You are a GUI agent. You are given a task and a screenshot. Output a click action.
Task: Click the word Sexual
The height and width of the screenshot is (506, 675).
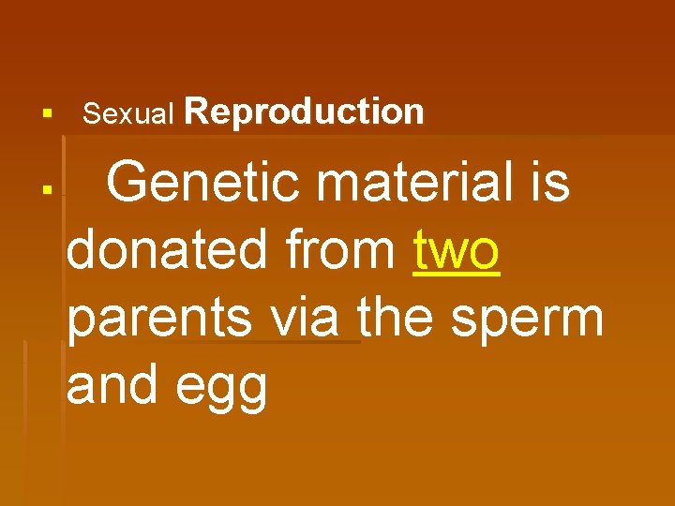pyautogui.click(x=128, y=114)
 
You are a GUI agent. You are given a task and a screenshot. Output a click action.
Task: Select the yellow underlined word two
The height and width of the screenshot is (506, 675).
pyautogui.click(x=457, y=251)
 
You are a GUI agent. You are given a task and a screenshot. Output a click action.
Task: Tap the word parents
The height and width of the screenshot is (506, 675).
pyautogui.click(x=159, y=320)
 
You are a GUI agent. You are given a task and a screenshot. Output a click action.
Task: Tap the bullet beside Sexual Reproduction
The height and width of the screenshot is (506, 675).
pyautogui.click(x=44, y=115)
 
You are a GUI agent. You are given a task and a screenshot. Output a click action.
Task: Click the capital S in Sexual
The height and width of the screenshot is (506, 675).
pyautogui.click(x=90, y=114)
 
